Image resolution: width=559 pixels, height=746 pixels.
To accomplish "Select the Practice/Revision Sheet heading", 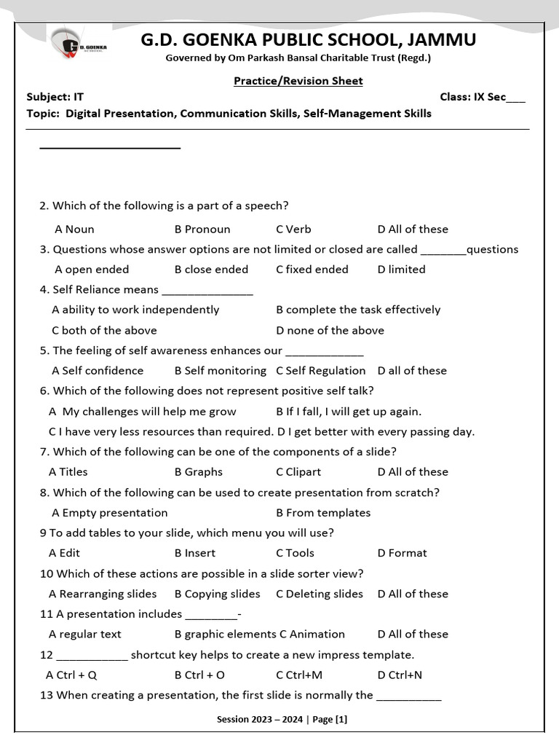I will tap(298, 81).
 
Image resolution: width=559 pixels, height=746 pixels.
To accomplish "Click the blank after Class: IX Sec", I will tap(515, 98).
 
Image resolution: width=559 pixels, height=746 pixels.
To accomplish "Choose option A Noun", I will tap(74, 229).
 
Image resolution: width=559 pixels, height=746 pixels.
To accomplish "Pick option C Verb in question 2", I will tap(293, 229).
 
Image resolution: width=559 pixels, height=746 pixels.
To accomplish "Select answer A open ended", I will tap(92, 270).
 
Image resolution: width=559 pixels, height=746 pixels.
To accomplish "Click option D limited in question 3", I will tap(401, 270).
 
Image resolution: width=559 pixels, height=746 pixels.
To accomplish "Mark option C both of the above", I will tap(104, 330).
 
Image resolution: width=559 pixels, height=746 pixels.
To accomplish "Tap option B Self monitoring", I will tap(220, 371).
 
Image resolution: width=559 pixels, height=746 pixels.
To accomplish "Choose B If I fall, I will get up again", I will tap(349, 412).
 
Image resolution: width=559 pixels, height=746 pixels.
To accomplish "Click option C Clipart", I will tap(298, 472).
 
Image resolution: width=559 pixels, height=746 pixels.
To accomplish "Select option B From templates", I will tap(323, 513).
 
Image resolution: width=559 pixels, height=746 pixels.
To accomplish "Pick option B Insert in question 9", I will tap(195, 553).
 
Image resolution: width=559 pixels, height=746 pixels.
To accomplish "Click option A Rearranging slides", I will tap(103, 594).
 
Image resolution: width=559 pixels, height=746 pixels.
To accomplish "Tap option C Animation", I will tap(312, 635).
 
